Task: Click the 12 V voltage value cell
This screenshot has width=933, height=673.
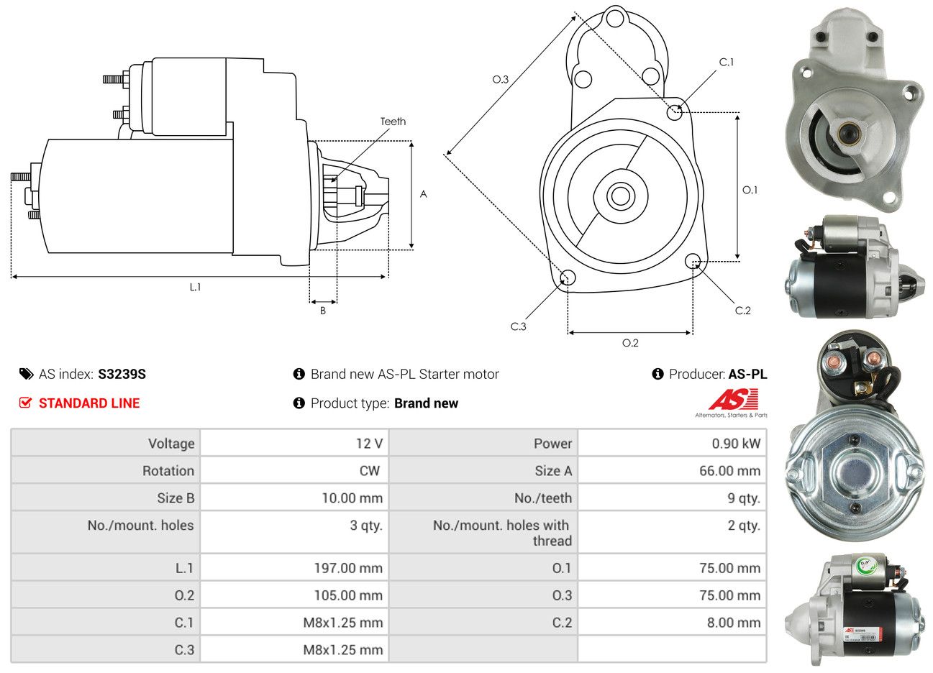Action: pyautogui.click(x=369, y=444)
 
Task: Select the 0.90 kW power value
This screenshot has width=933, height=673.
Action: pyautogui.click(x=736, y=444)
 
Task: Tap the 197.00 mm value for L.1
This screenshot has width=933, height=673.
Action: pyautogui.click(x=348, y=568)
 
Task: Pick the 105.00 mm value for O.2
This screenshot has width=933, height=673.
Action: pyautogui.click(x=348, y=595)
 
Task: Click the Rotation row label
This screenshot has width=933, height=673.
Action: pyautogui.click(x=168, y=471)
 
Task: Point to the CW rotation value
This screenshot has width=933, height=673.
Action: pyautogui.click(x=370, y=471)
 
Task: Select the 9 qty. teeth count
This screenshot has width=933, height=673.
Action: pyautogui.click(x=744, y=498)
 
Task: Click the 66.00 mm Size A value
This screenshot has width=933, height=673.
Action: pyautogui.click(x=729, y=471)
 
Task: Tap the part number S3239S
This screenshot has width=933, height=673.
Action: pyautogui.click(x=122, y=374)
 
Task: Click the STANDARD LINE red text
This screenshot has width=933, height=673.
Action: pyautogui.click(x=89, y=403)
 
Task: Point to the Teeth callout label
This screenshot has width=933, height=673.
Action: pyautogui.click(x=393, y=122)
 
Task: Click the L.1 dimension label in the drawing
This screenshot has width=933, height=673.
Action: pyautogui.click(x=196, y=287)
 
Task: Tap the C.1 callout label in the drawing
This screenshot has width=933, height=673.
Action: pyautogui.click(x=727, y=62)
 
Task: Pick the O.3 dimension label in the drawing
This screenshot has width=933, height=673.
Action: pyautogui.click(x=500, y=79)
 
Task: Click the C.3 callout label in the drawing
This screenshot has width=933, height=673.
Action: pyautogui.click(x=518, y=326)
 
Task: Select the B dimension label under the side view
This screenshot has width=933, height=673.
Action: pyautogui.click(x=323, y=311)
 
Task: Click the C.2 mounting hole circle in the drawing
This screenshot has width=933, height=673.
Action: pyautogui.click(x=693, y=261)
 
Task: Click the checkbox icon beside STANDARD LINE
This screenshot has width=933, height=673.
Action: pyautogui.click(x=25, y=403)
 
